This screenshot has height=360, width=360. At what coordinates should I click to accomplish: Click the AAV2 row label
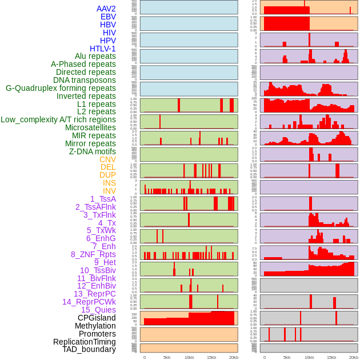tap(106, 9)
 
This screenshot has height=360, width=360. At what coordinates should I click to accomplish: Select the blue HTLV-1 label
tap(103, 49)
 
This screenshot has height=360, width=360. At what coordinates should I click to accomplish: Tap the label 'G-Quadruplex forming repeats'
tap(61, 88)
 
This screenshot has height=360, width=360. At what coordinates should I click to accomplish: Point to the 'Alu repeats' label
tap(95, 56)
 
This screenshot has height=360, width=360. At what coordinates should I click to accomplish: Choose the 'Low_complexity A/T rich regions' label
tap(58, 119)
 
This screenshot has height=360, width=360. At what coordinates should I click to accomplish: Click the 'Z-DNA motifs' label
tap(93, 151)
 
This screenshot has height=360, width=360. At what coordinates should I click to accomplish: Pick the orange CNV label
tap(107, 159)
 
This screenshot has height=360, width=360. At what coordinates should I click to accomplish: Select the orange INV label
tap(109, 191)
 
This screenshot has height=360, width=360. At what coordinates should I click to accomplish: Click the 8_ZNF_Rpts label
tap(93, 254)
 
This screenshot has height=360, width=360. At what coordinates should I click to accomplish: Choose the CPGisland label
tap(97, 318)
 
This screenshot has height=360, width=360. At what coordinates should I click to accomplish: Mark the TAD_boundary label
tap(89, 349)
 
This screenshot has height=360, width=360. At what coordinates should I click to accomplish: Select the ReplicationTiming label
tap(85, 342)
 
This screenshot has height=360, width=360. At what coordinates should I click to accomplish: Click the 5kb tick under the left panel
tap(167, 357)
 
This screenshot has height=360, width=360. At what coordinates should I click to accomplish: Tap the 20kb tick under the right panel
tap(354, 357)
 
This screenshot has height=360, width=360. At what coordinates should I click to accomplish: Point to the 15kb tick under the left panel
tap(211, 357)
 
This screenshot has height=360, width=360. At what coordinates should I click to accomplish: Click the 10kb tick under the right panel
tap(309, 357)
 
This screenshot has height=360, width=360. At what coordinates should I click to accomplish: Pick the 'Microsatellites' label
tap(90, 127)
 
